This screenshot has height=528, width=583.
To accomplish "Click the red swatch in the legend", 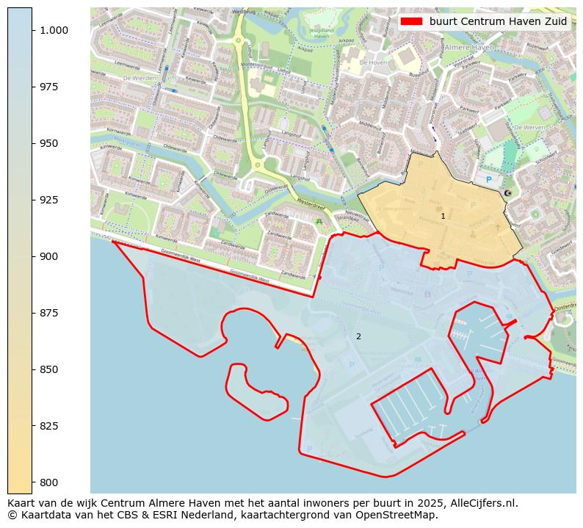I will (x=412, y=21).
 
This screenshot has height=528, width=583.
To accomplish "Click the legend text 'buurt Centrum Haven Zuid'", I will (x=498, y=21).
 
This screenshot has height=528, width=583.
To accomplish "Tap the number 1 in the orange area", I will (x=443, y=217).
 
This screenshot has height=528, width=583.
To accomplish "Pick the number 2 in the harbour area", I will (x=358, y=337).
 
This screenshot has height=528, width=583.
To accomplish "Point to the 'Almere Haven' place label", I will (x=469, y=47).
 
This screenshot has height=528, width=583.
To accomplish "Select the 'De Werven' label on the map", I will (x=528, y=127).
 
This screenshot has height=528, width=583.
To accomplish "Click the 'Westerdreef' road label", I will (x=310, y=203).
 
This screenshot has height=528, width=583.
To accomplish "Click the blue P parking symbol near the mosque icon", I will (x=488, y=179).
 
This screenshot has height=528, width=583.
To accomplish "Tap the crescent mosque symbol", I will (x=507, y=193).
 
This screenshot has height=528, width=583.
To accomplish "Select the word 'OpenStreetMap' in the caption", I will (x=401, y=515).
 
